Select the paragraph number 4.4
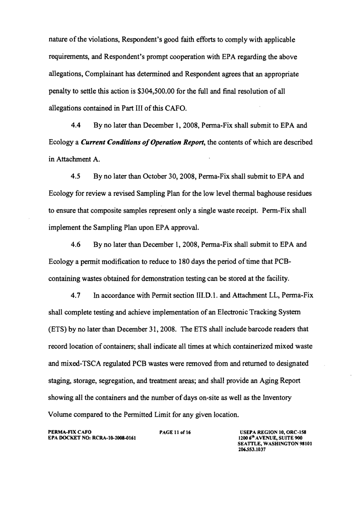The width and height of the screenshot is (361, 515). click(x=76, y=126)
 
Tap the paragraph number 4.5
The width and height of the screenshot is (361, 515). click(x=76, y=175)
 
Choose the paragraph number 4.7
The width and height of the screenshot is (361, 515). click(x=76, y=294)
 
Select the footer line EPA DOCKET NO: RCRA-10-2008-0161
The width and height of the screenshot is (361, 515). click(x=91, y=437)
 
